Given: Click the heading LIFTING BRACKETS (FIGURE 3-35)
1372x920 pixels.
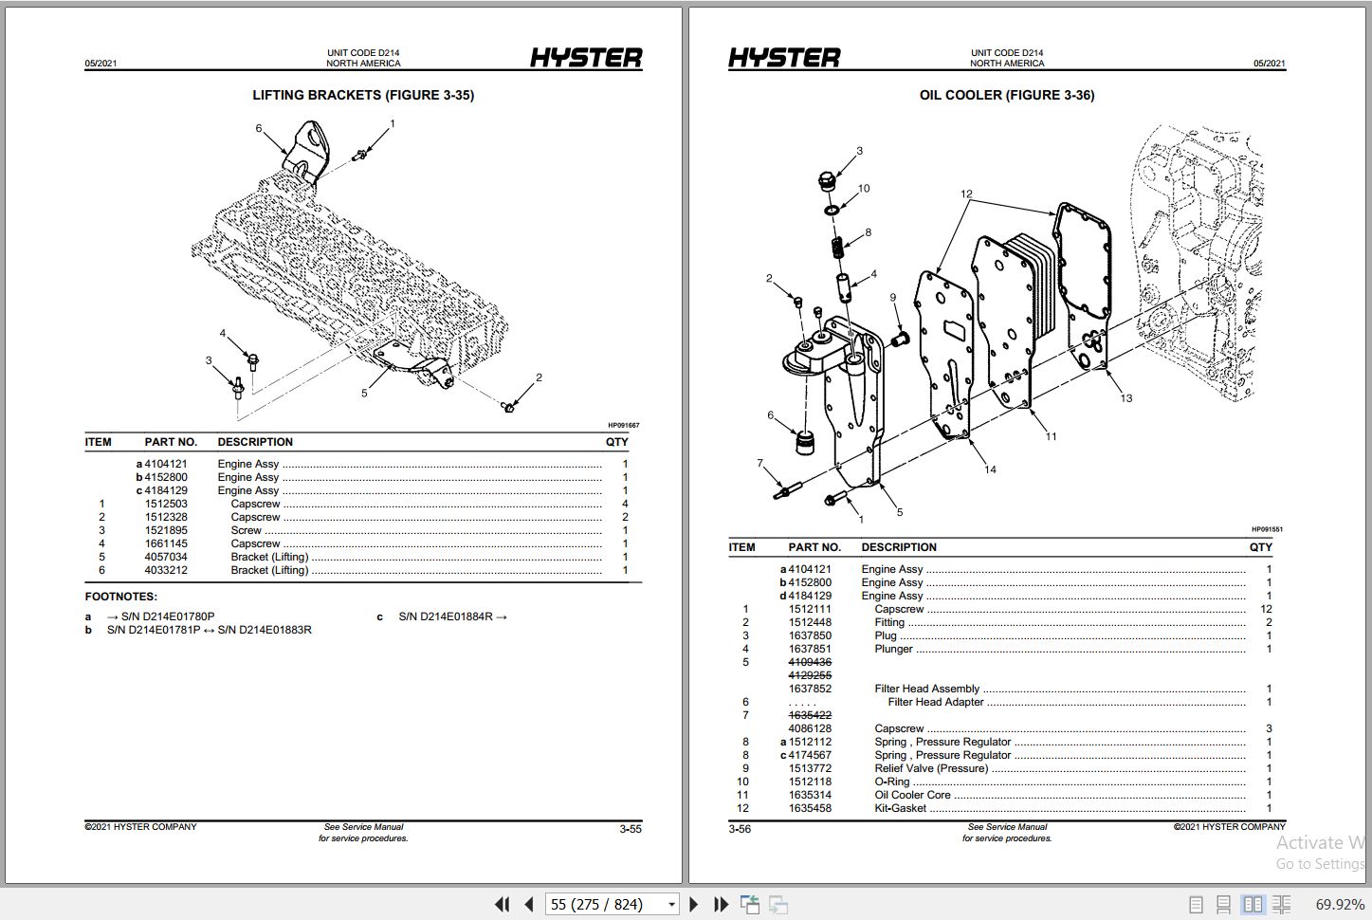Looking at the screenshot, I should point(363,95).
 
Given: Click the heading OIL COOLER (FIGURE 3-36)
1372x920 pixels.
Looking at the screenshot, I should point(1006,95).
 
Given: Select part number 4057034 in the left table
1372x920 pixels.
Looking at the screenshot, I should point(166,557).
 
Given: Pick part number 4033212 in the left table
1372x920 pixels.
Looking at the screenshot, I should point(166,570).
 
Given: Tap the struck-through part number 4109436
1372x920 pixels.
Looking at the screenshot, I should point(810,662).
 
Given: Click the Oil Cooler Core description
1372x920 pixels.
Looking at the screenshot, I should point(912,795).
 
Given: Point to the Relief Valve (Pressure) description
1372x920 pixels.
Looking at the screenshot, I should point(930,768).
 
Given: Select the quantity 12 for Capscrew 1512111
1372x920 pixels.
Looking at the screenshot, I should point(1266,609).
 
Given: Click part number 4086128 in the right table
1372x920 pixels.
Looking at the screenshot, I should point(810,728).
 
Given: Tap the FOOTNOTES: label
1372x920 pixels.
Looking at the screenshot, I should point(121,597).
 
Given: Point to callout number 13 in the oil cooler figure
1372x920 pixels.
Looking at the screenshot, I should point(1125,398).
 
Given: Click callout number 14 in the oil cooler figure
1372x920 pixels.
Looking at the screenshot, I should point(990,469).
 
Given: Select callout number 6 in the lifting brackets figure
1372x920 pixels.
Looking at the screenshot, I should point(258,129).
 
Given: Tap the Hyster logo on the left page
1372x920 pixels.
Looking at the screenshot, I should point(585,58).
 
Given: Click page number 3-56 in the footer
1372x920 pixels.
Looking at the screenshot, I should point(740,829).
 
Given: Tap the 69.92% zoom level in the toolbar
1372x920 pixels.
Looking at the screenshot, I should point(1339,904).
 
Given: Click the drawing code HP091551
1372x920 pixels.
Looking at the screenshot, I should point(1266,529).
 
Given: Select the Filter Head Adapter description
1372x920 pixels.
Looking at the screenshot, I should point(935,702).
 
